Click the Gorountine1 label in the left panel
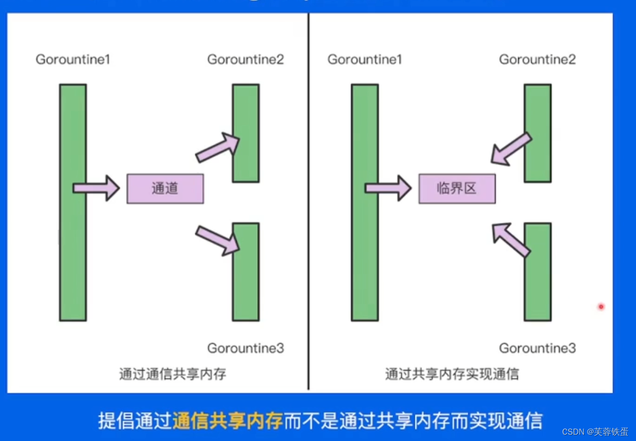click(73, 60)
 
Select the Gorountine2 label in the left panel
click(246, 60)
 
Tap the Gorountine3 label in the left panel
click(246, 348)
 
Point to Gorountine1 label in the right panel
click(365, 60)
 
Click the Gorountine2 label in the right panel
click(537, 60)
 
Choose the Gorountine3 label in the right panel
click(537, 348)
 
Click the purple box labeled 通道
click(165, 188)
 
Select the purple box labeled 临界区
click(457, 188)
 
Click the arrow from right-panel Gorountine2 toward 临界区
click(511, 148)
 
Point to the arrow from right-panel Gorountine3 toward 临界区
click(510, 239)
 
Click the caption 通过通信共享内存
click(173, 374)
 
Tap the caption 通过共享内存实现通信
click(452, 374)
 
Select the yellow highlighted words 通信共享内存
click(227, 421)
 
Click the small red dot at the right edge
click(601, 307)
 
